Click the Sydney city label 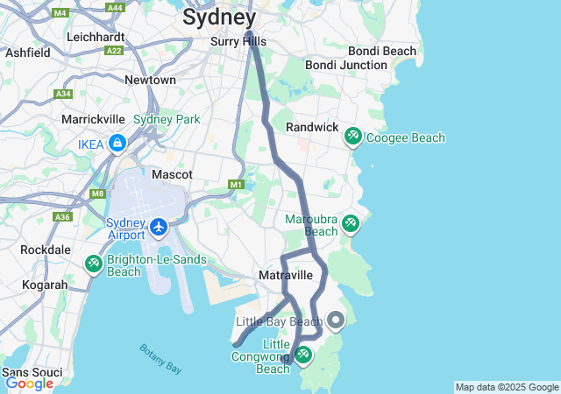click(219, 18)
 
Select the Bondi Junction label click(345, 65)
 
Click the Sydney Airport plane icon click(159, 228)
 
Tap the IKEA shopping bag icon click(117, 143)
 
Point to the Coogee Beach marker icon click(352, 137)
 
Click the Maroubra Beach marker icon click(351, 224)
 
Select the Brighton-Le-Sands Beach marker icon click(94, 263)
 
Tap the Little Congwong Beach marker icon click(303, 355)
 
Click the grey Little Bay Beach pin click(335, 320)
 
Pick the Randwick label click(312, 127)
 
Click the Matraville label click(286, 276)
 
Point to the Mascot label click(172, 174)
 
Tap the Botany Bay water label click(160, 359)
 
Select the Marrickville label click(94, 118)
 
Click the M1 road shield click(235, 185)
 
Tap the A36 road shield click(61, 216)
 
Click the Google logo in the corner click(29, 383)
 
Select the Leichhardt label click(96, 38)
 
